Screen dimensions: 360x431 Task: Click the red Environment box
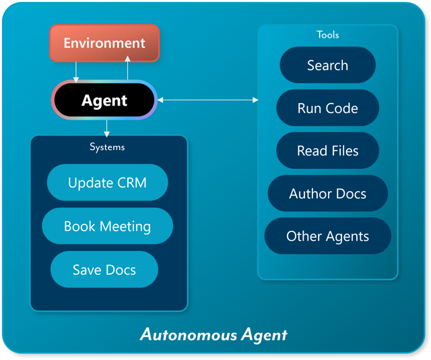[x=104, y=43]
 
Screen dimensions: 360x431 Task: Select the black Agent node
[x=104, y=100]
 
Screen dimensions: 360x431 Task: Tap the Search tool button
[x=327, y=65]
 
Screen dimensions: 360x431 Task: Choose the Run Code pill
[x=327, y=108]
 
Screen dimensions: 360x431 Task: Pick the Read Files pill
[x=327, y=151]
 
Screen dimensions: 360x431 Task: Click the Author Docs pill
[x=327, y=194]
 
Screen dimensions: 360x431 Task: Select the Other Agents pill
[x=327, y=236]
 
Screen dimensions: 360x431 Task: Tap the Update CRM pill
[x=107, y=182]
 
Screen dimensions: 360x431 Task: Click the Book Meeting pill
[x=107, y=226]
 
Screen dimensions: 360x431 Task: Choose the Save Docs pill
[x=104, y=270]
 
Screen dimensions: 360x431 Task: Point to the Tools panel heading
[x=328, y=34]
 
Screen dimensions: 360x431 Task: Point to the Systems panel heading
[x=107, y=146]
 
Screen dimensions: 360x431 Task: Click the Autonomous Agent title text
[x=213, y=334]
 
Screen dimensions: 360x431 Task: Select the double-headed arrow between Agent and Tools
[x=207, y=100]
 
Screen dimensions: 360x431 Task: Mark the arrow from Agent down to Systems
[x=107, y=127]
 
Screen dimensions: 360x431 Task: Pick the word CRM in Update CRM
[x=131, y=182]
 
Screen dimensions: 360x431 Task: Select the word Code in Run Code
[x=342, y=108]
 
